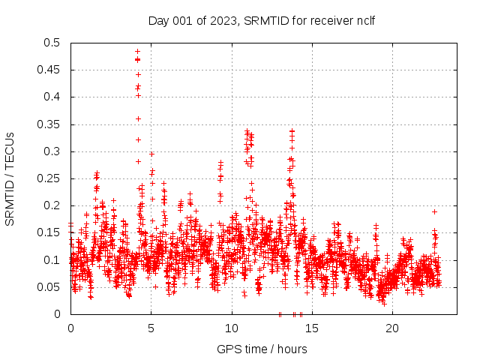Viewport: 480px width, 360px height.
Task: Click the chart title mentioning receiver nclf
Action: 261,19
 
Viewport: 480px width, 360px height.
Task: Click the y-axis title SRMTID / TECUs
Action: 10,178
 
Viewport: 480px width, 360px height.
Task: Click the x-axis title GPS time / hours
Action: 261,349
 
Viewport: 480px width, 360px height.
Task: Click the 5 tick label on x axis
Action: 151,328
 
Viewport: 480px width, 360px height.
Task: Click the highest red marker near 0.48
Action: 138,52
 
